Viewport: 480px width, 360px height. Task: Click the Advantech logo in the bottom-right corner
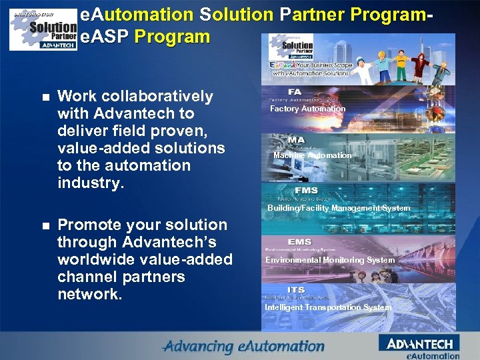(419, 345)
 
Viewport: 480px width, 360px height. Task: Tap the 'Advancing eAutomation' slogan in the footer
(244, 347)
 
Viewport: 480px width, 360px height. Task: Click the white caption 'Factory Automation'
(307, 109)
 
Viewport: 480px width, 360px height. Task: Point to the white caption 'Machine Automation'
(312, 155)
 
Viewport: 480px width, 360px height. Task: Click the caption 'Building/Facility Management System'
(339, 208)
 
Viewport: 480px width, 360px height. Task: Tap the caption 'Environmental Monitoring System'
(330, 260)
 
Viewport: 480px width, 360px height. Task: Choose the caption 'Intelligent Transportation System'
(328, 307)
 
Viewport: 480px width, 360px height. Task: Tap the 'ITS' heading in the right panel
(296, 290)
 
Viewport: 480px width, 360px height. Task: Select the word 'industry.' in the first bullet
(91, 183)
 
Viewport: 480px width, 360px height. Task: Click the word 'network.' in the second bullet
(89, 294)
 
